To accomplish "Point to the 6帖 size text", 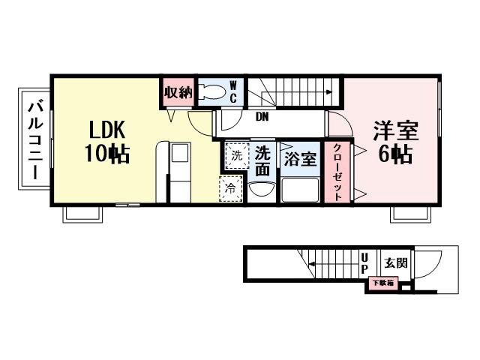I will click(394, 155).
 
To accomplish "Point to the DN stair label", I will click(262, 117).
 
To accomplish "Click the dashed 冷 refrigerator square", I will click(230, 187).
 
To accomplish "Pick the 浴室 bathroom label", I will click(300, 159).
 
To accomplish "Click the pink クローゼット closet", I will click(336, 172).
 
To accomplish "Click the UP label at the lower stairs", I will click(364, 262).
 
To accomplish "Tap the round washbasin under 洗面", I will click(260, 190).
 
